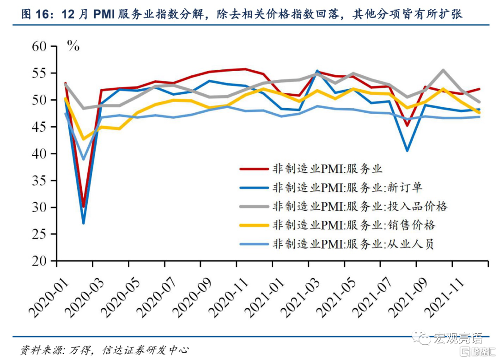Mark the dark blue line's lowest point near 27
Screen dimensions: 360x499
click(83, 223)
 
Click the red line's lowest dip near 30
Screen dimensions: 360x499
click(84, 207)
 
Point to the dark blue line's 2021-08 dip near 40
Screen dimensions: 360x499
click(407, 151)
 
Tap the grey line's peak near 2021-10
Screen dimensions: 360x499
click(443, 70)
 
